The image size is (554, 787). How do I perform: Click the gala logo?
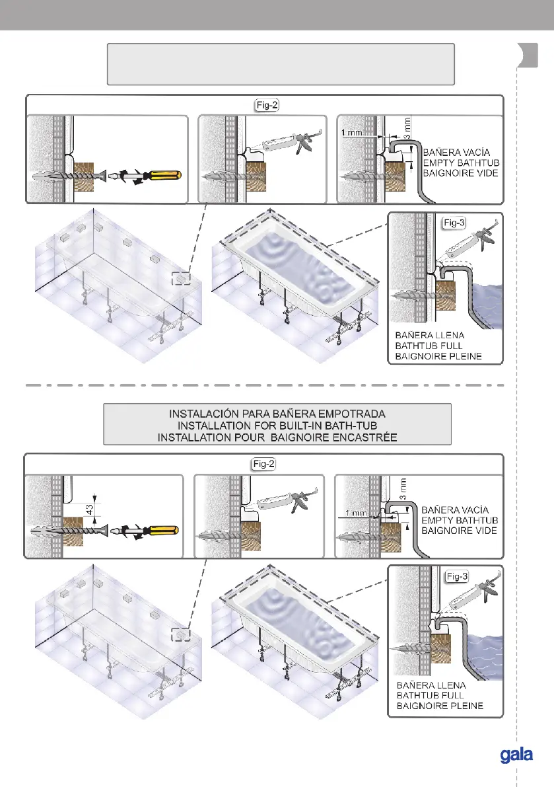(516, 755)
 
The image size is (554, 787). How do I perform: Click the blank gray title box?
(281, 64)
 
